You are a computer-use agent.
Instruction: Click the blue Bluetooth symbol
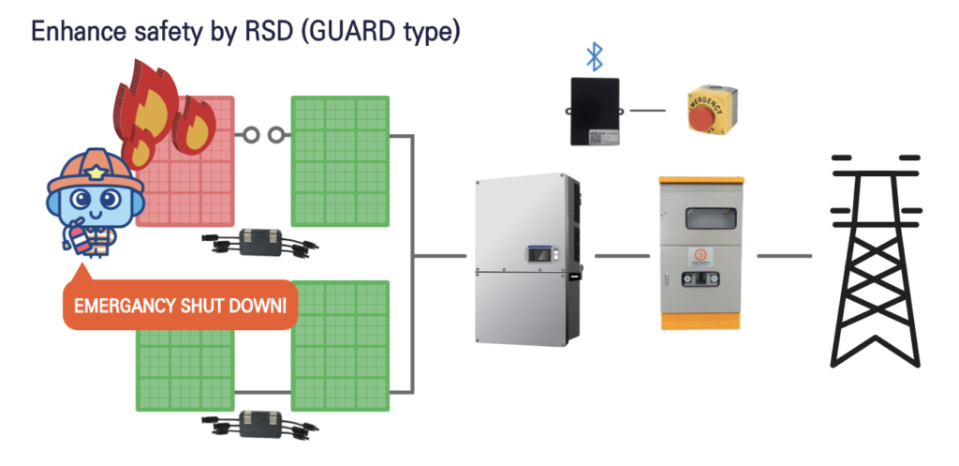coord(595,55)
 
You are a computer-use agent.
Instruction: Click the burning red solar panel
coord(192,178)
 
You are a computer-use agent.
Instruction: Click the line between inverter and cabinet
coord(622,255)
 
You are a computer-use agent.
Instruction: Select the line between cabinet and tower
coord(785,255)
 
